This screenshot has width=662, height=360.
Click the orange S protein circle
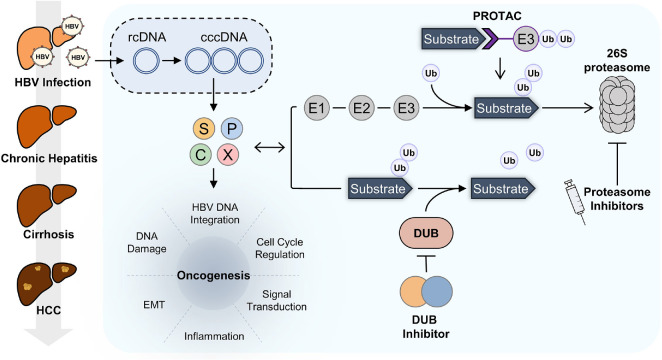pos(204,128)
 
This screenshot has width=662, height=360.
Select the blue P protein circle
pos(231,128)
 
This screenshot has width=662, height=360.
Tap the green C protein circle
pos(201,154)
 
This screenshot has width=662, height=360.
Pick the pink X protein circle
pos(228,154)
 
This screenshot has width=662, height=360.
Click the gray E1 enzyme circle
pos(317,108)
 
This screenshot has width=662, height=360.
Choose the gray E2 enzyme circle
pos(361,108)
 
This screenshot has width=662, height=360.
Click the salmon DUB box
pos(426,233)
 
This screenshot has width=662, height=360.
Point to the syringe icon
pos(576,202)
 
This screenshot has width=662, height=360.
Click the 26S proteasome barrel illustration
pos(617,105)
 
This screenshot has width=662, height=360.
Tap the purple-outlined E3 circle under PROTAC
pos(526,39)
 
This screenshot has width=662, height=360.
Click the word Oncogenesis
pos(213,276)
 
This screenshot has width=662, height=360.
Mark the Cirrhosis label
pos(49,234)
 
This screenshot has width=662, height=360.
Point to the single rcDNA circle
pos(147,61)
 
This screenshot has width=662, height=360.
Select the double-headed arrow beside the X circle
pos(270,147)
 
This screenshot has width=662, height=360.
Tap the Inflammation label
pos(214,336)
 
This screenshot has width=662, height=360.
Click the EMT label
pos(154,304)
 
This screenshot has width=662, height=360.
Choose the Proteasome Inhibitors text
pos(617,199)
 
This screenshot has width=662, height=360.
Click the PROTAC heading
pos(497,16)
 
